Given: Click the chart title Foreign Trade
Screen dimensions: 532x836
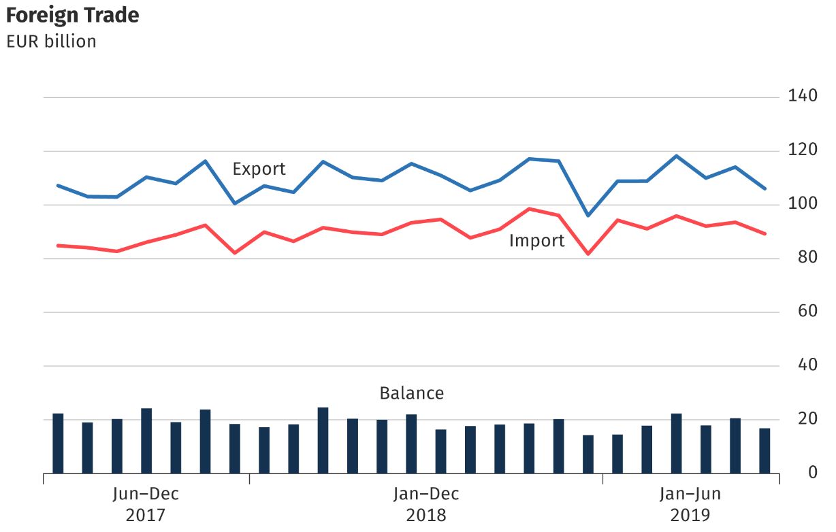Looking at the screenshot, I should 73,15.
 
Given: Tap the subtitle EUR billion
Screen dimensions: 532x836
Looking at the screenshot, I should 51,41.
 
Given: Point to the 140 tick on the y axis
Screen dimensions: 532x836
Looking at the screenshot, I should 803,96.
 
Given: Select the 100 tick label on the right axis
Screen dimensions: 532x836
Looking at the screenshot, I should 803,203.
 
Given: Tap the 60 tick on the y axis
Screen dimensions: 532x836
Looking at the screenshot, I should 807,311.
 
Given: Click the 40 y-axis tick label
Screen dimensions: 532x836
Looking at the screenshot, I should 807,365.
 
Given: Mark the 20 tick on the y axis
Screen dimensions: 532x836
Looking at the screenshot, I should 807,418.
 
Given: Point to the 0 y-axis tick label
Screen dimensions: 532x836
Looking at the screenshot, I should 811,472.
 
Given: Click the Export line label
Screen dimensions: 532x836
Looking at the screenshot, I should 259,169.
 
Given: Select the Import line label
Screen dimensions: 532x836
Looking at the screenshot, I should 536,241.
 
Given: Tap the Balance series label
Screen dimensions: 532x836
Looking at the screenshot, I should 411,393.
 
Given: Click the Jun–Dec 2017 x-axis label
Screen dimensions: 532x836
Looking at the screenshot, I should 146,503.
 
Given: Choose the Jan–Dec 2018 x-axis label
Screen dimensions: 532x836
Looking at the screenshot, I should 426,503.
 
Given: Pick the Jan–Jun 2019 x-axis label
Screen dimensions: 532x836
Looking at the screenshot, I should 690,503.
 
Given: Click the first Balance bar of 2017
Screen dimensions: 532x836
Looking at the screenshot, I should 58,443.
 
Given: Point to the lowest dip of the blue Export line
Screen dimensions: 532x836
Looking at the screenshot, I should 588,215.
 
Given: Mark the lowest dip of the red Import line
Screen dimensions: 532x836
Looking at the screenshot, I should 588,254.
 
